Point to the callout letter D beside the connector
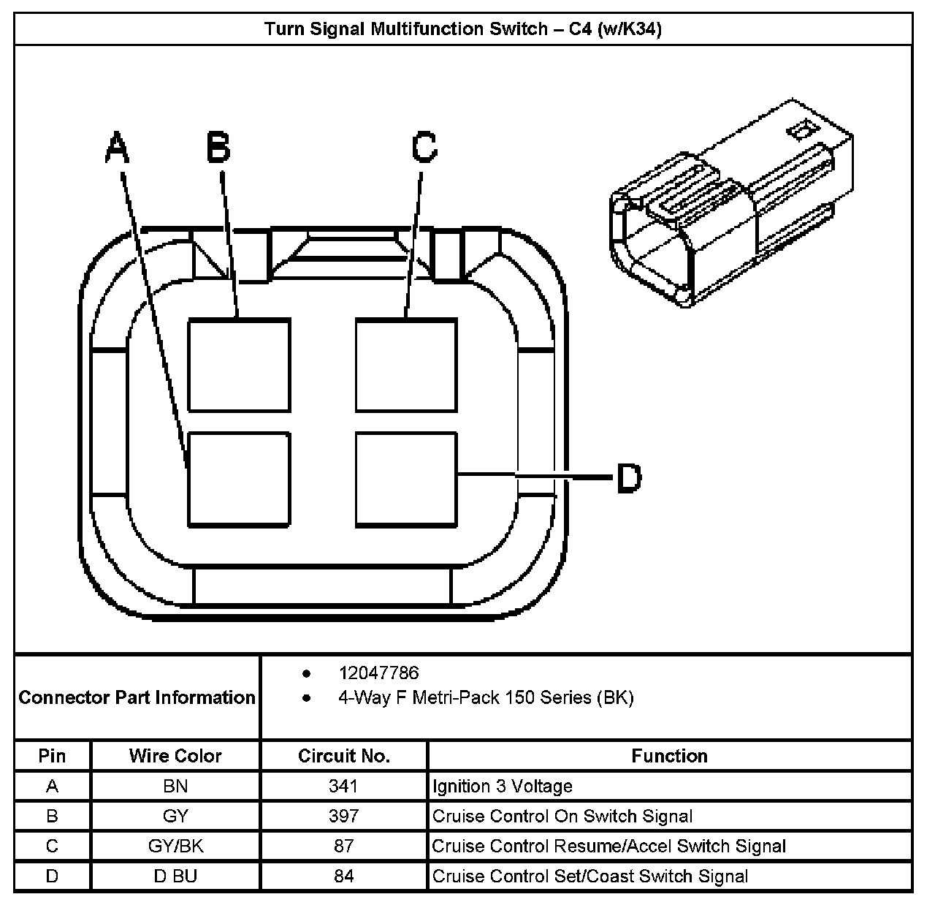point(629,479)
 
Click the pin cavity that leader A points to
point(239,479)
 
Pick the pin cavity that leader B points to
point(239,364)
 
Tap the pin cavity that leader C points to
point(406,364)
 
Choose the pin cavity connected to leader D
point(406,479)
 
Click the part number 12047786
point(378,673)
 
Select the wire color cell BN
point(175,786)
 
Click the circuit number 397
point(343,816)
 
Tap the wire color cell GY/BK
point(175,846)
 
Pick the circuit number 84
point(343,876)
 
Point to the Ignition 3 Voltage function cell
point(503,786)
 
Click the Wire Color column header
point(175,756)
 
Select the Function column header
point(669,756)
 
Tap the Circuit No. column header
point(343,756)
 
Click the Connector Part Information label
point(137,697)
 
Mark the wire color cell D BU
point(175,876)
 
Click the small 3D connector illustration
point(730,205)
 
